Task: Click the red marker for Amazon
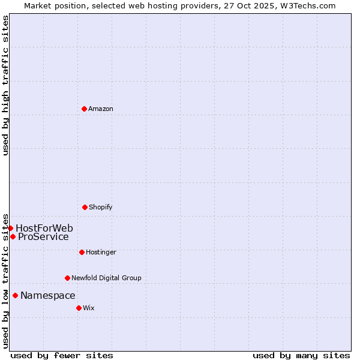coord(84,109)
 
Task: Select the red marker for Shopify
coord(85,207)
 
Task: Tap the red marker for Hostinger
coord(82,252)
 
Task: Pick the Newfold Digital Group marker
coord(67,278)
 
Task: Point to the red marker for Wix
coord(79,308)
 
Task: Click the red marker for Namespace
coord(15,295)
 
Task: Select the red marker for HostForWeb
coord(10,228)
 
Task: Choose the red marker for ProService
coord(13,236)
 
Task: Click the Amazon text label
coord(101,109)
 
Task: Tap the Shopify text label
coord(101,207)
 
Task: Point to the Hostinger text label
coord(101,252)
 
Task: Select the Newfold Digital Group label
coord(106,278)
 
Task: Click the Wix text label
coord(89,308)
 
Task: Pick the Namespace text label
coord(48,295)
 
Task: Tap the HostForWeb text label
coord(44,228)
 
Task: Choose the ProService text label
coord(43,236)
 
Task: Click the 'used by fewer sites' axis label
coord(62,355)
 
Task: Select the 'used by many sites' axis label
coord(301,355)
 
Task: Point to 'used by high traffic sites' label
coord(5,85)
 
